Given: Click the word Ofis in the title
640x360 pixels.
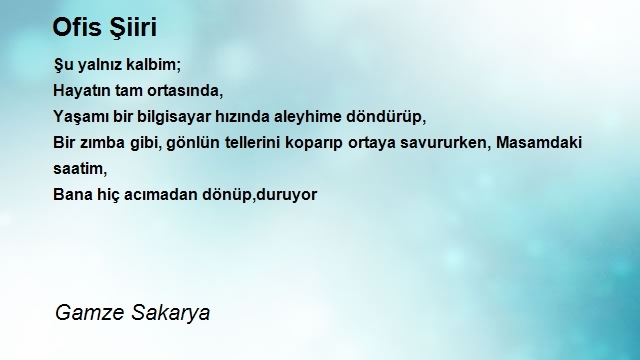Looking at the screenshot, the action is click(x=77, y=27).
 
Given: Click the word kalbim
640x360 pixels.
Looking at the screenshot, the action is click(x=153, y=64).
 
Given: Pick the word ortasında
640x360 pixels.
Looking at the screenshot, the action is click(x=185, y=91).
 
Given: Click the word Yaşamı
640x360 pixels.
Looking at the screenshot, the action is click(x=81, y=117).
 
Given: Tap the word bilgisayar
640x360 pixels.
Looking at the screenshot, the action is click(x=173, y=117).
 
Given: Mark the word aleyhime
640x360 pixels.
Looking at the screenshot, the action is click(x=307, y=117).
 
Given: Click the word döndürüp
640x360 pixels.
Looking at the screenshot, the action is click(x=386, y=117).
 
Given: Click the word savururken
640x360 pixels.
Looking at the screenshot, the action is click(x=445, y=143).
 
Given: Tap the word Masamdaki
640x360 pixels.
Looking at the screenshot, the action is click(x=539, y=142).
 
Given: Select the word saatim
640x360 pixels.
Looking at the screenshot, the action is click(x=80, y=169).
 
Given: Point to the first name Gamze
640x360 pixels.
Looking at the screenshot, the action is click(x=90, y=313).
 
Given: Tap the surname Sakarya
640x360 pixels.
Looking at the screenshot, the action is click(x=171, y=313).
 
